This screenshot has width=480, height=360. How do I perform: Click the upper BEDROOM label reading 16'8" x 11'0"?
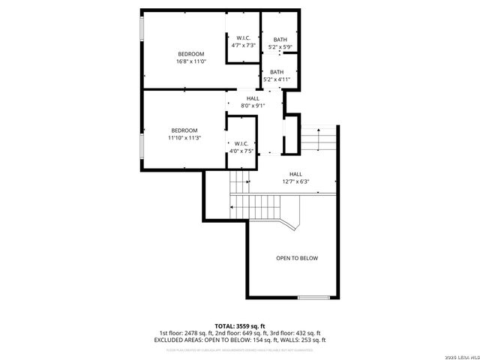pos(192,58)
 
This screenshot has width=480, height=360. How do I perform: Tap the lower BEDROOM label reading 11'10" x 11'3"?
pos(184,134)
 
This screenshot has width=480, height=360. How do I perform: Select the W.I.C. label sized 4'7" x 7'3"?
pos(243,42)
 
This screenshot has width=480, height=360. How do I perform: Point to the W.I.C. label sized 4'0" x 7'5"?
pos(241,148)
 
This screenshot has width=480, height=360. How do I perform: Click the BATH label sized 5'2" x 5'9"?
pos(280,43)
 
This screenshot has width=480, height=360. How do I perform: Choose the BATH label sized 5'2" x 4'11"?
pos(277,76)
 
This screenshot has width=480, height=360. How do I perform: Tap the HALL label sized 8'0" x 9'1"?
pos(253,102)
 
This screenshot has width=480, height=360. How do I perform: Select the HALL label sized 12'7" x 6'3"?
pos(295,178)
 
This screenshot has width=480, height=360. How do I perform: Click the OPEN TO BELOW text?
pos(297,258)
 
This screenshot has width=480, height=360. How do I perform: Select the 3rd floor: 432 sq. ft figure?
pos(295,332)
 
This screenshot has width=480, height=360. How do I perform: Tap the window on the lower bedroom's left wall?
pos(141,147)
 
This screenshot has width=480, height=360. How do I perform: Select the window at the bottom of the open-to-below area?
pos(313,298)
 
